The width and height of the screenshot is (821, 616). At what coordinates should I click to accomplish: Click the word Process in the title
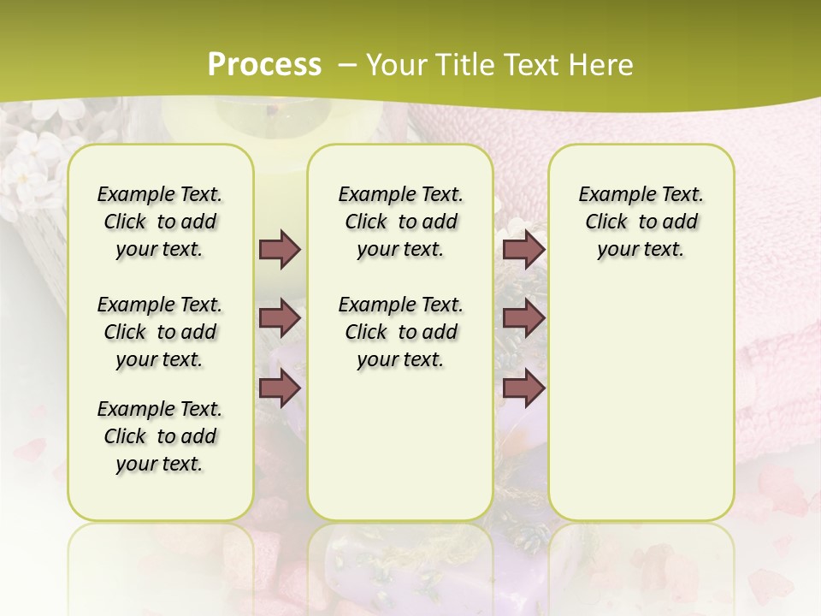[x=264, y=64]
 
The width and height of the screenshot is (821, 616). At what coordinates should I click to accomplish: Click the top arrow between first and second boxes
[x=280, y=249]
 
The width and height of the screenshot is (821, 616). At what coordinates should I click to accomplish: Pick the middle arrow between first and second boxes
[x=280, y=318]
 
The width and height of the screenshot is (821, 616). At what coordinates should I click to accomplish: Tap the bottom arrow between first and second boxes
[x=280, y=388]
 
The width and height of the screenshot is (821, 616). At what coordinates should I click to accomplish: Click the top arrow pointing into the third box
[x=523, y=249]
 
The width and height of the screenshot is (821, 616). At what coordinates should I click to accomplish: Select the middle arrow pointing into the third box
[x=523, y=318]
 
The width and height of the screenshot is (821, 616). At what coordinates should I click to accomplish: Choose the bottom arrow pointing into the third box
[x=523, y=388]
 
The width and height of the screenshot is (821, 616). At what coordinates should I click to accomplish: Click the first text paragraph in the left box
[x=160, y=222]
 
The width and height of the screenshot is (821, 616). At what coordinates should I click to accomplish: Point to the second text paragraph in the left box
[x=160, y=332]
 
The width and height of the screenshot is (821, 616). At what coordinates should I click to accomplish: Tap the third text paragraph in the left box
[x=160, y=436]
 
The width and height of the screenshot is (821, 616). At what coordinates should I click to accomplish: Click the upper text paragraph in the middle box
[x=400, y=222]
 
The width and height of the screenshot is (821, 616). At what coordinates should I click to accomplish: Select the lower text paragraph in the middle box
[x=400, y=332]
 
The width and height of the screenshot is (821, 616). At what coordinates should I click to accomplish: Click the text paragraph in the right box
[x=641, y=222]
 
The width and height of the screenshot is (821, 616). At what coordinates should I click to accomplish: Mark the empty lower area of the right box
[x=641, y=402]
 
